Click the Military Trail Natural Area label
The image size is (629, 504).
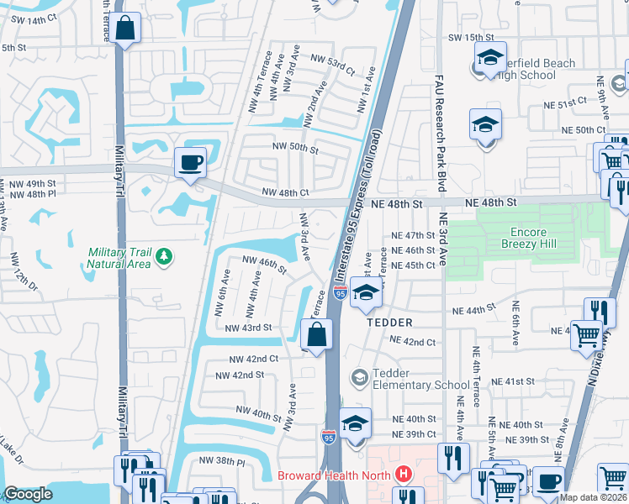click(x=120, y=258)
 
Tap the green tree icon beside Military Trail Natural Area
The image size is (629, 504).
click(x=166, y=255)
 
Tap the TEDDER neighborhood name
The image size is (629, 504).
click(x=388, y=323)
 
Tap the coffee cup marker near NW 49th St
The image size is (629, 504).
click(x=189, y=161)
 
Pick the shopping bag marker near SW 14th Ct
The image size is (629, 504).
click(x=124, y=29)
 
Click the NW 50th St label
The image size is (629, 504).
click(x=294, y=149)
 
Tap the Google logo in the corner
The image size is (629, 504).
click(x=27, y=495)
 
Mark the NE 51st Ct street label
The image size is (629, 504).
click(x=565, y=104)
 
